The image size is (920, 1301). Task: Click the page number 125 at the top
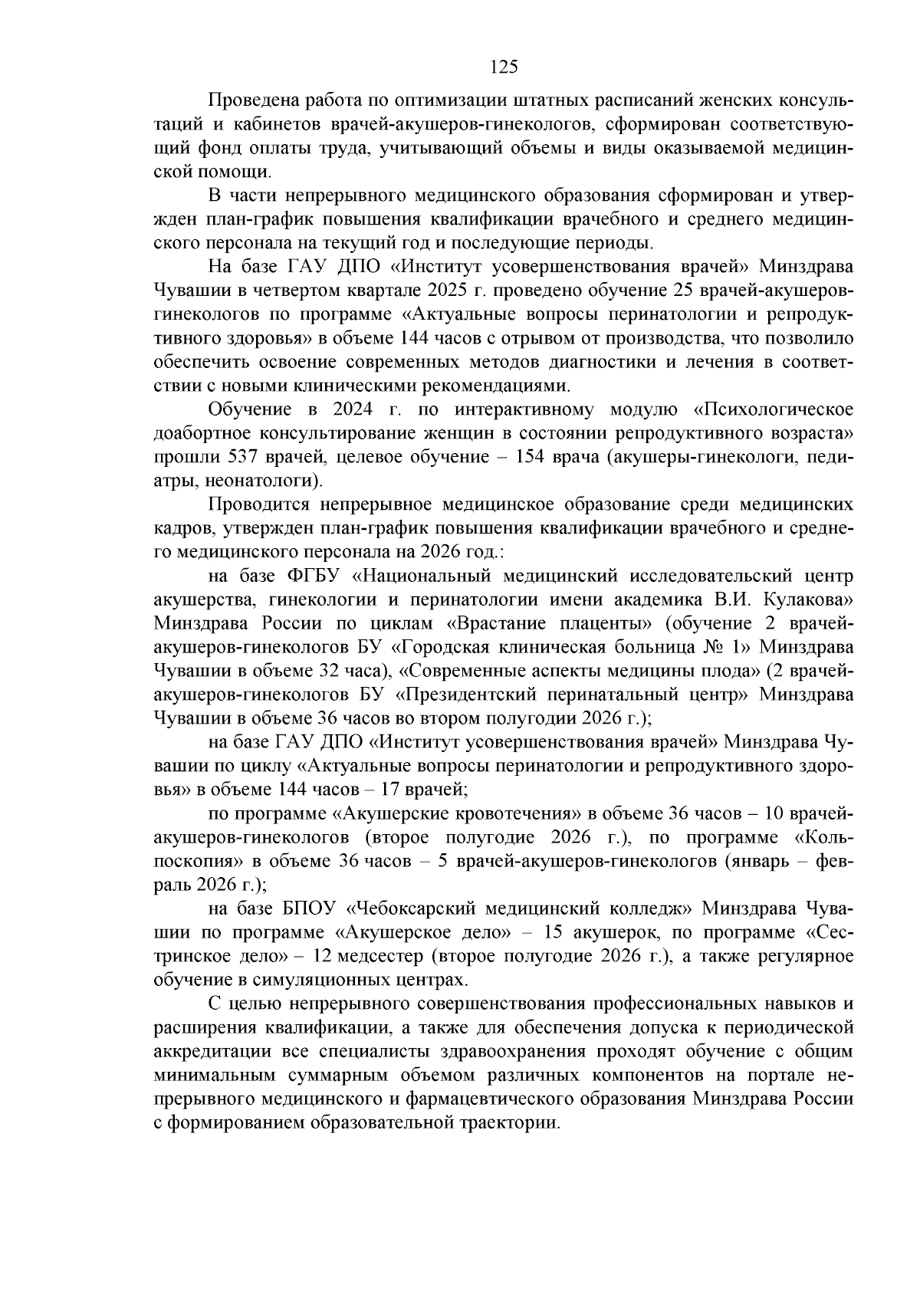click(x=504, y=67)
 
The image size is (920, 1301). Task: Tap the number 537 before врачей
click(x=245, y=457)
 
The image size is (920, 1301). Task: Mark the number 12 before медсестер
click(x=327, y=956)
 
